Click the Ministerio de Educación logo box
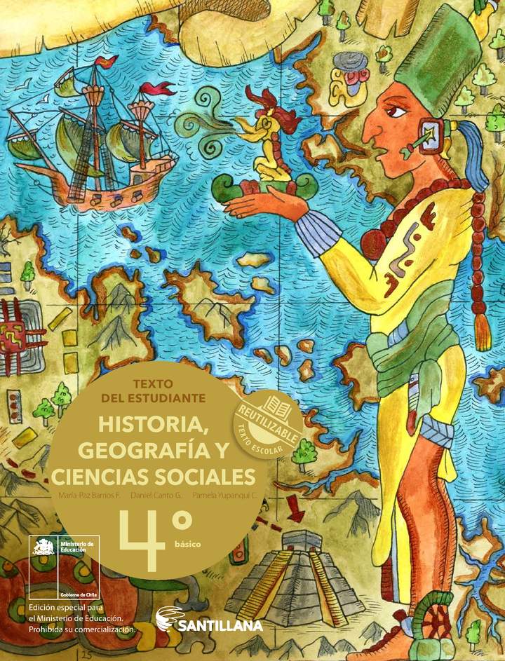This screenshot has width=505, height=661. pos(64,567)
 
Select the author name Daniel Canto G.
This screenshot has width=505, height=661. pos(156,495)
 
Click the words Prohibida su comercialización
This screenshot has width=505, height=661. pos(81,629)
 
